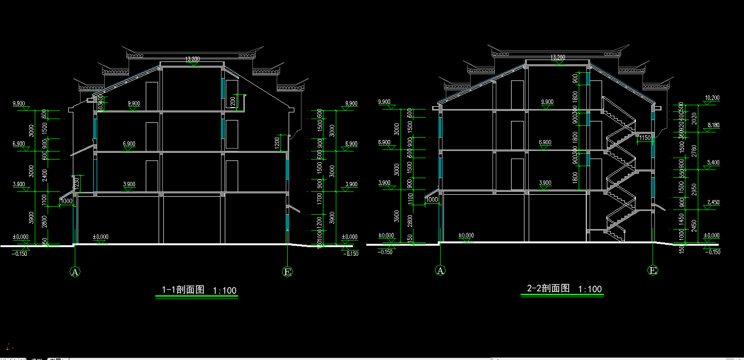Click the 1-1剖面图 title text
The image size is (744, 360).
pos(183,290)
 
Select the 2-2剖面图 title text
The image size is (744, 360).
pos(548,288)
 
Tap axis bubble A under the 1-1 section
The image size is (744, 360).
pos(75,272)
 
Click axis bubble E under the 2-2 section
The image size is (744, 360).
pos(653,270)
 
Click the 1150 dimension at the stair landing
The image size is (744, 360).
pos(644,138)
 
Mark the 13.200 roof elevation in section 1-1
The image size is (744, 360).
pos(192,59)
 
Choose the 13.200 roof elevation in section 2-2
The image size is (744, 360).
pos(557,57)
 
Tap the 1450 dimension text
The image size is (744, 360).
pos(682,219)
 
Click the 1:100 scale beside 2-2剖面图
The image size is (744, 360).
pos(590,289)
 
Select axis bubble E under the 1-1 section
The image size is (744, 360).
pos(287,272)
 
